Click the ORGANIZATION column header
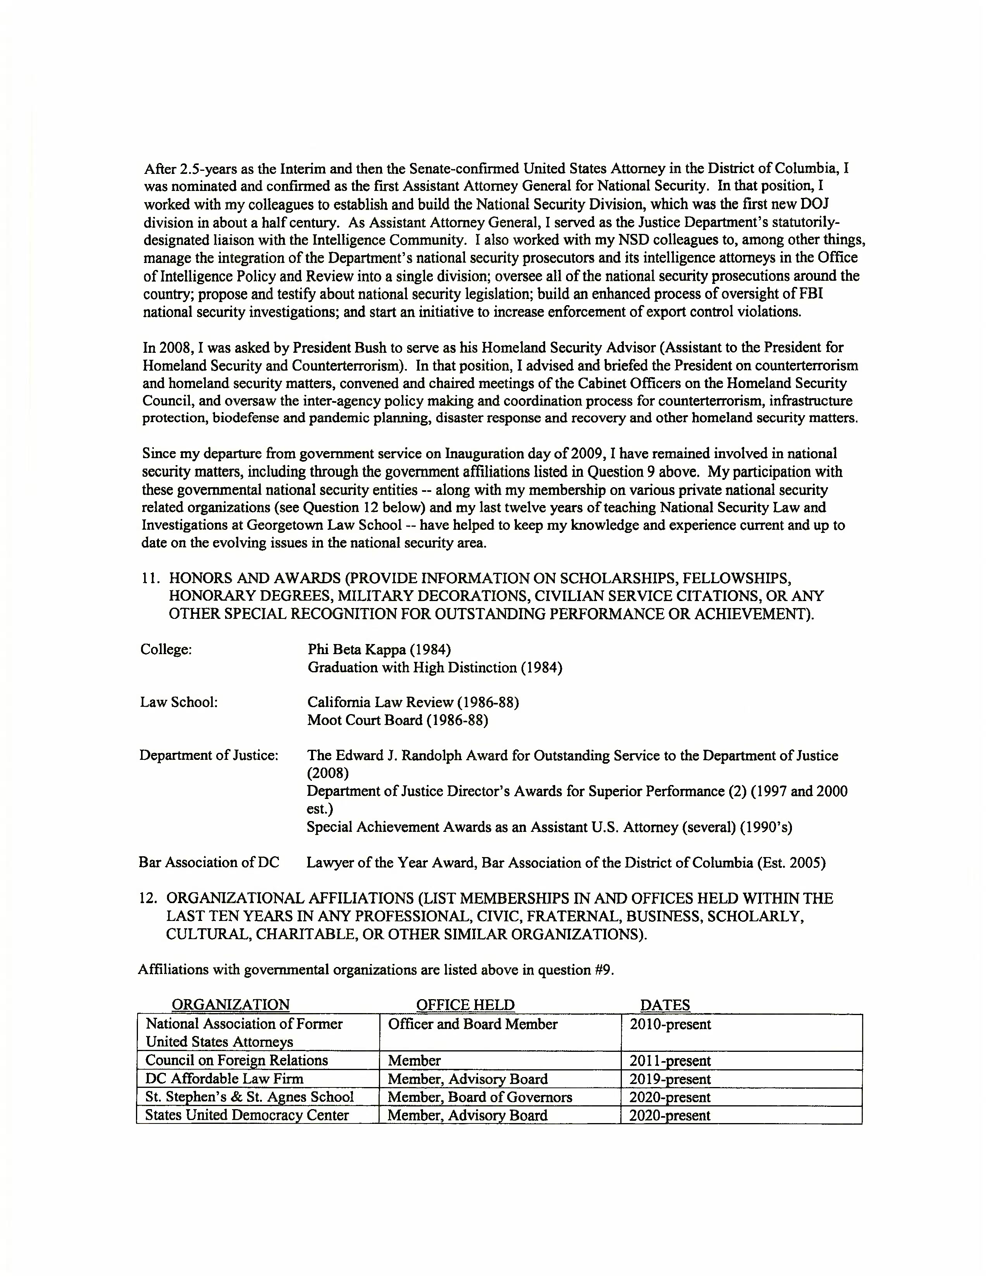click(x=230, y=1005)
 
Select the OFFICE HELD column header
click(x=465, y=1005)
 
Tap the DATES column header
click(x=665, y=1005)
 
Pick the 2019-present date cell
click(x=670, y=1079)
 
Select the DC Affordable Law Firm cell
click(x=224, y=1079)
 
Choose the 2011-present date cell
click(x=670, y=1061)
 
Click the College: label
click(x=166, y=649)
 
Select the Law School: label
click(x=179, y=702)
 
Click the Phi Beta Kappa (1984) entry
click(x=379, y=649)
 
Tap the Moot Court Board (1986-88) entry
click(x=398, y=720)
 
